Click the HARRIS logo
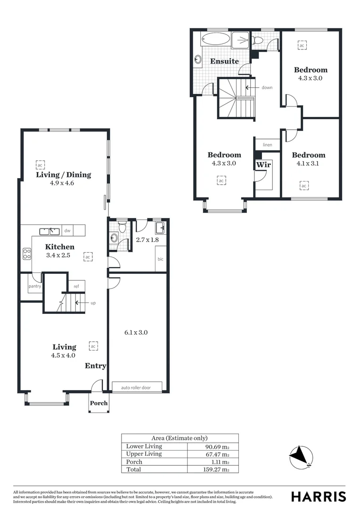319,496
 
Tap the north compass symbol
301,456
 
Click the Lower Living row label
144,446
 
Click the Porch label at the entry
98,403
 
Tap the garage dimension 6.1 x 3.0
136,332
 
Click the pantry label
34,286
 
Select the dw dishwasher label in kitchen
67,231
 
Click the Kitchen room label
60,247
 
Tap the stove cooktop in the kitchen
27,254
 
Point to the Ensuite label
224,61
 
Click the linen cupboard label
267,145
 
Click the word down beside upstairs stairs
267,88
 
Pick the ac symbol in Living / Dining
40,165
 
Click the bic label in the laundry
160,259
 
